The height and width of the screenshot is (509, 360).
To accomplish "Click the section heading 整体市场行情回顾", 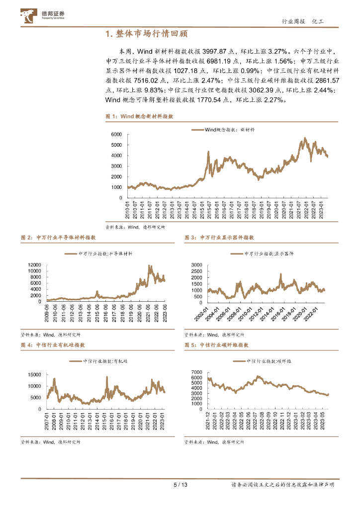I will point(147,34).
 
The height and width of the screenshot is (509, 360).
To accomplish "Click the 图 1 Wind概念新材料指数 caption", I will point(139,116).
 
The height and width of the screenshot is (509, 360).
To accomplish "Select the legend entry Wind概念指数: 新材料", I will point(223,129).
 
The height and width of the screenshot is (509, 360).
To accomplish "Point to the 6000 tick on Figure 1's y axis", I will point(116,135).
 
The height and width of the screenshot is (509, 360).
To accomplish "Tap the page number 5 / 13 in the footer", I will point(180,485).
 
